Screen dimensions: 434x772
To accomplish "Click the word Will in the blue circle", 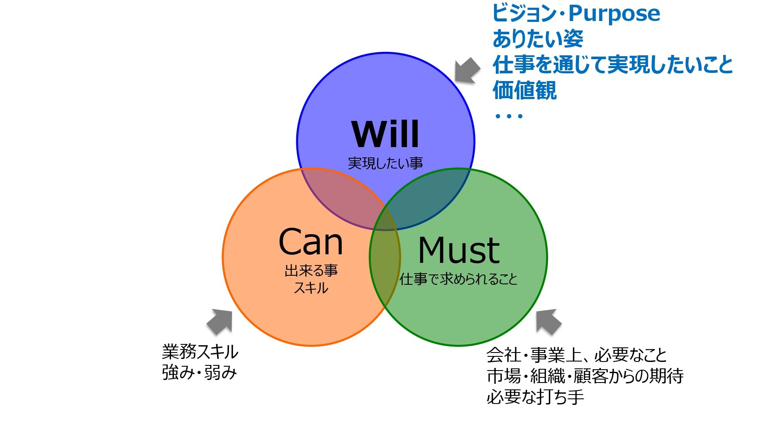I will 385,134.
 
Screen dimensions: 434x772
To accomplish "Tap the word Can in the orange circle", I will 311,242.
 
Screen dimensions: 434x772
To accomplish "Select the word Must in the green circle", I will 458,250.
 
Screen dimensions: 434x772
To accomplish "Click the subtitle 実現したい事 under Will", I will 385,163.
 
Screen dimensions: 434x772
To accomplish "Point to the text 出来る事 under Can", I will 311,271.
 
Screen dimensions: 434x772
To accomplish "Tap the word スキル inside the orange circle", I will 311,288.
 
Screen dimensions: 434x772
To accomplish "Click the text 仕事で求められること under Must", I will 458,280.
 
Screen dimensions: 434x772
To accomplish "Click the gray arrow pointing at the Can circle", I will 220,321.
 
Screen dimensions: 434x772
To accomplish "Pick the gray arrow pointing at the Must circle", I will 548,321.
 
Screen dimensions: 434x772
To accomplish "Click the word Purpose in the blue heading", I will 614,13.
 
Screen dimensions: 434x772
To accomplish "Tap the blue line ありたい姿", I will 538,39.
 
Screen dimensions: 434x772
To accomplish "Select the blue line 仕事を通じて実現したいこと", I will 612,65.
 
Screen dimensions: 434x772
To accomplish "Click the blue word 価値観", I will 525,90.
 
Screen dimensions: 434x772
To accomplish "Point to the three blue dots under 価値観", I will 509,116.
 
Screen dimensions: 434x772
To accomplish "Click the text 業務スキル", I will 200,352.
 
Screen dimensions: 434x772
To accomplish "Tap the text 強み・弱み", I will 199,372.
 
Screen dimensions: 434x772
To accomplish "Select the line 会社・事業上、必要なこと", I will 576,355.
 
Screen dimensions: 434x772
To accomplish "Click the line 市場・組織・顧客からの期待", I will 585,376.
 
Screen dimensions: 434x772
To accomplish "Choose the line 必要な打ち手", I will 535,397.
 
